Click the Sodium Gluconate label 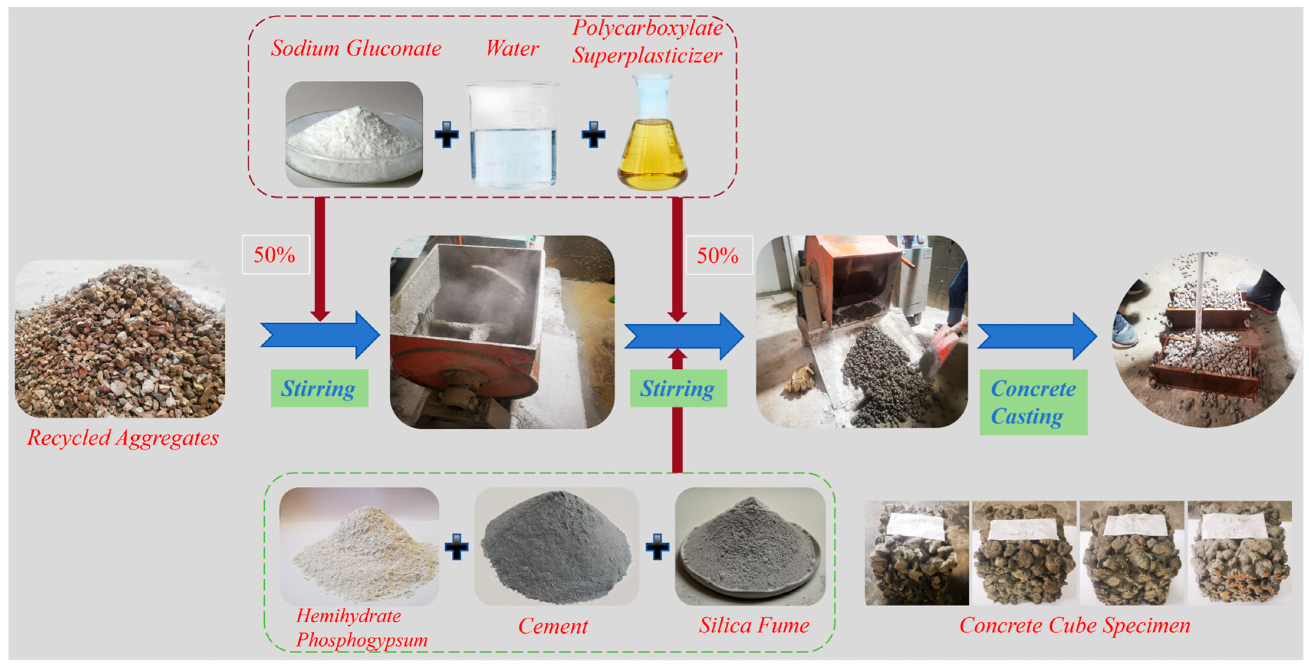pos(356,49)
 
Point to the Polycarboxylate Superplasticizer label pos(647,42)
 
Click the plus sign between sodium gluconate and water pos(446,135)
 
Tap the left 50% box pos(275,255)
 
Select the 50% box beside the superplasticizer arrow pos(718,255)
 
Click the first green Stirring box pos(319,389)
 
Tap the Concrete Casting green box pos(1033,402)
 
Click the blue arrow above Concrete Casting pos(1037,337)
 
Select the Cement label pos(553,626)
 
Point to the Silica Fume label pos(754,625)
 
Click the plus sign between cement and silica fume pos(657,547)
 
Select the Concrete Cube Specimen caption pos(1074,625)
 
